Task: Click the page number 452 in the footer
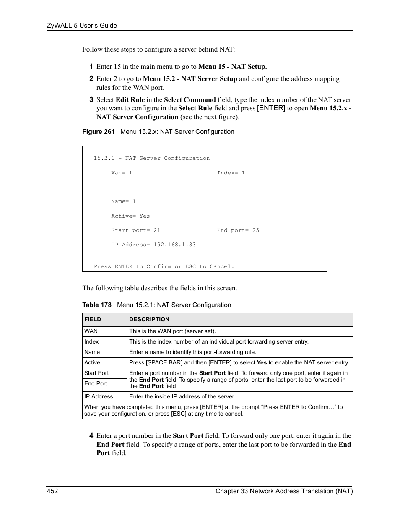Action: click(x=52, y=491)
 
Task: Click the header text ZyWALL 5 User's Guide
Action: click(x=81, y=26)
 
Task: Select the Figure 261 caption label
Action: click(x=98, y=132)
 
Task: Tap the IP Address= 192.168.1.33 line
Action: click(x=153, y=245)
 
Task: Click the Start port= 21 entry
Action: click(x=135, y=230)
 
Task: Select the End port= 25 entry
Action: click(x=238, y=230)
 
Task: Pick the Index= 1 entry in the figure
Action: click(x=231, y=173)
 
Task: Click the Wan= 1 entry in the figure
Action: click(x=122, y=173)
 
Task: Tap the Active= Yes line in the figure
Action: click(x=130, y=216)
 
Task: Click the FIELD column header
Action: click(x=93, y=319)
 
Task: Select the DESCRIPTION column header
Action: click(x=149, y=319)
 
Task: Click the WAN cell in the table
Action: click(x=91, y=331)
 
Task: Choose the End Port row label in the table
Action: click(x=96, y=383)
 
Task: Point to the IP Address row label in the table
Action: click(x=99, y=396)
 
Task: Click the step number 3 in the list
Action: click(x=91, y=100)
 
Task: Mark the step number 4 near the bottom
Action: click(x=91, y=436)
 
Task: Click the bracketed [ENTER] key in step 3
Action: click(x=271, y=108)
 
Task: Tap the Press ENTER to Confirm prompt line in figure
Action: click(x=164, y=266)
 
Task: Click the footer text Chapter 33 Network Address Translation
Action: click(x=284, y=491)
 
